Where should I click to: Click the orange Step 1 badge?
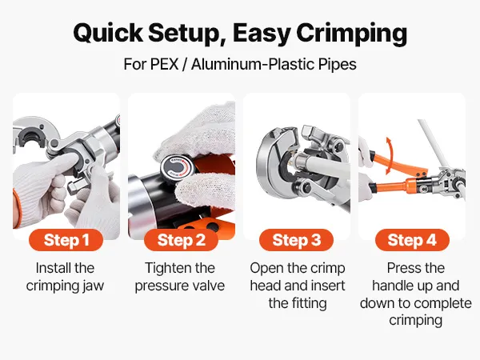66,240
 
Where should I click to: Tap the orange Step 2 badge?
182,240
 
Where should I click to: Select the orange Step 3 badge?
296,240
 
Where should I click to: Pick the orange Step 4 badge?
412,240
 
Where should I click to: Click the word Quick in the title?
108,33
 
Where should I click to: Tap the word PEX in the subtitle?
164,64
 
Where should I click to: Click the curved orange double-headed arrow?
389,156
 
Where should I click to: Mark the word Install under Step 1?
54,268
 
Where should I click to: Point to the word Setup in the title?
187,34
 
